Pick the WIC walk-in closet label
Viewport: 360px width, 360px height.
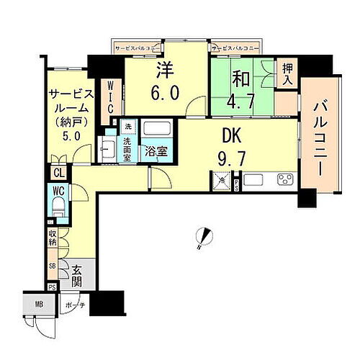click(x=111, y=96)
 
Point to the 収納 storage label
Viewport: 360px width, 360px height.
click(x=53, y=238)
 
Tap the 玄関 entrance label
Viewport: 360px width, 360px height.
click(x=77, y=276)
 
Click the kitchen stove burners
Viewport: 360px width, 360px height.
click(x=283, y=179)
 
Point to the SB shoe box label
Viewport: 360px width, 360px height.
click(x=53, y=265)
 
